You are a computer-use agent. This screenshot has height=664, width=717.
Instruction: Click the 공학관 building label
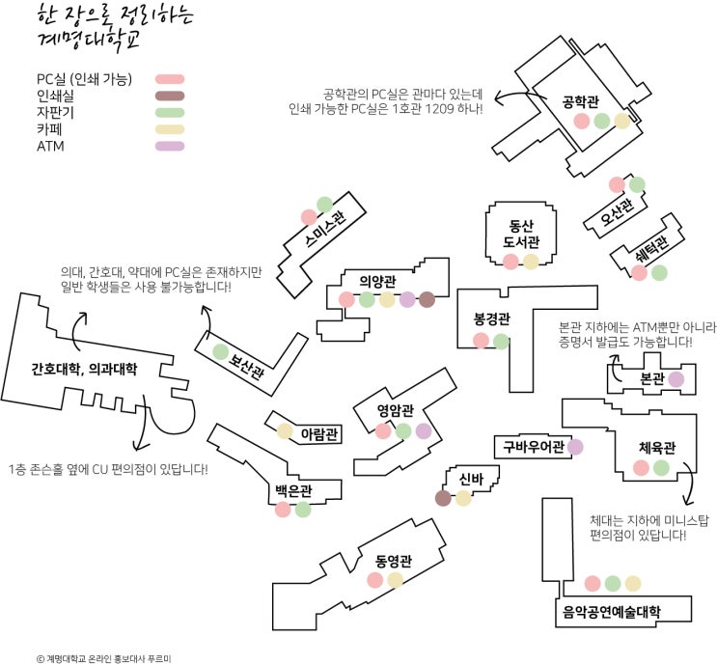tap(582, 99)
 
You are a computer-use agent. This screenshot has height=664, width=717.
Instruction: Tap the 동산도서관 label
tap(521, 233)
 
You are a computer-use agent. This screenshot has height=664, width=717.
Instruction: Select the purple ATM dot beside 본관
tap(676, 379)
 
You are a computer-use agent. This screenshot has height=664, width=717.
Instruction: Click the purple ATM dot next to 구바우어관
tap(575, 447)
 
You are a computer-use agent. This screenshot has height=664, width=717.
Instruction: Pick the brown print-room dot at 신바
tap(443, 498)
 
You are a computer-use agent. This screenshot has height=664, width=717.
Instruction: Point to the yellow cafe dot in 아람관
tap(285, 431)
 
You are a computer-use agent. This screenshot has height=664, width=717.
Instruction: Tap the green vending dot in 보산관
tap(220, 351)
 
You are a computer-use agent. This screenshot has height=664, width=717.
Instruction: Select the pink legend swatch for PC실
tap(170, 79)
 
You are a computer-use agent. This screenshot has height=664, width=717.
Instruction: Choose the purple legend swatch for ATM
tap(170, 147)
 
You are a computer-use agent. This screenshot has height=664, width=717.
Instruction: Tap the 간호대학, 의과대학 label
tap(84, 369)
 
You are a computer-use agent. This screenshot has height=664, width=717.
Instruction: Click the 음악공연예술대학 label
tap(612, 611)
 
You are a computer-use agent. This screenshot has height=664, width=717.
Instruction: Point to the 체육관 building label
tap(656, 448)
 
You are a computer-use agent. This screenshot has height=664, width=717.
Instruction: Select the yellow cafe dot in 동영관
tap(395, 580)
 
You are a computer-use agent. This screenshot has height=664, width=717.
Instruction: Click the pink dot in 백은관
tap(283, 510)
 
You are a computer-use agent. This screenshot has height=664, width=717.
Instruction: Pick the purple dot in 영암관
tap(424, 430)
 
